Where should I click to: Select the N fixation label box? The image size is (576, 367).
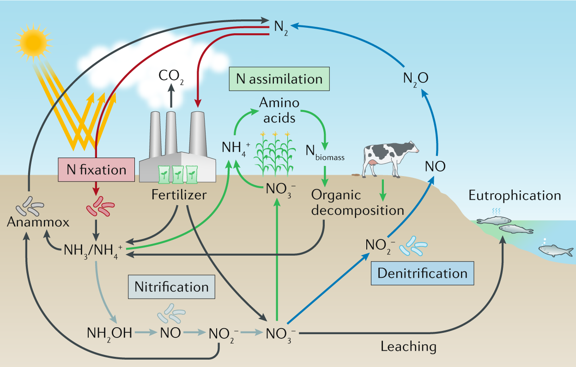tap(96, 170)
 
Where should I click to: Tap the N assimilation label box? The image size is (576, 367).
tap(279, 79)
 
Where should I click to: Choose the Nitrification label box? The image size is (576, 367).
tap(171, 287)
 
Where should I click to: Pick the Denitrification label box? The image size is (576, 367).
tap(422, 273)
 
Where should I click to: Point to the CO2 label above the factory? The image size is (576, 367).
tap(171, 75)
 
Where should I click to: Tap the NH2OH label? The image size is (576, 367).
tap(109, 332)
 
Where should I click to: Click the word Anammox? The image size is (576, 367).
tap(38, 222)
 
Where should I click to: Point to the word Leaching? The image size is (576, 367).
tap(408, 346)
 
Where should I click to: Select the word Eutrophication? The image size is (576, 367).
tap(515, 195)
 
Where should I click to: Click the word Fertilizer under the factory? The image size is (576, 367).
tap(179, 195)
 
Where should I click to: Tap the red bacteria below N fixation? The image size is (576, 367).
tap(100, 208)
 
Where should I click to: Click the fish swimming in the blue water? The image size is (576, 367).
tap(556, 251)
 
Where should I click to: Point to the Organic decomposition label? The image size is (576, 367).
tap(358, 202)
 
